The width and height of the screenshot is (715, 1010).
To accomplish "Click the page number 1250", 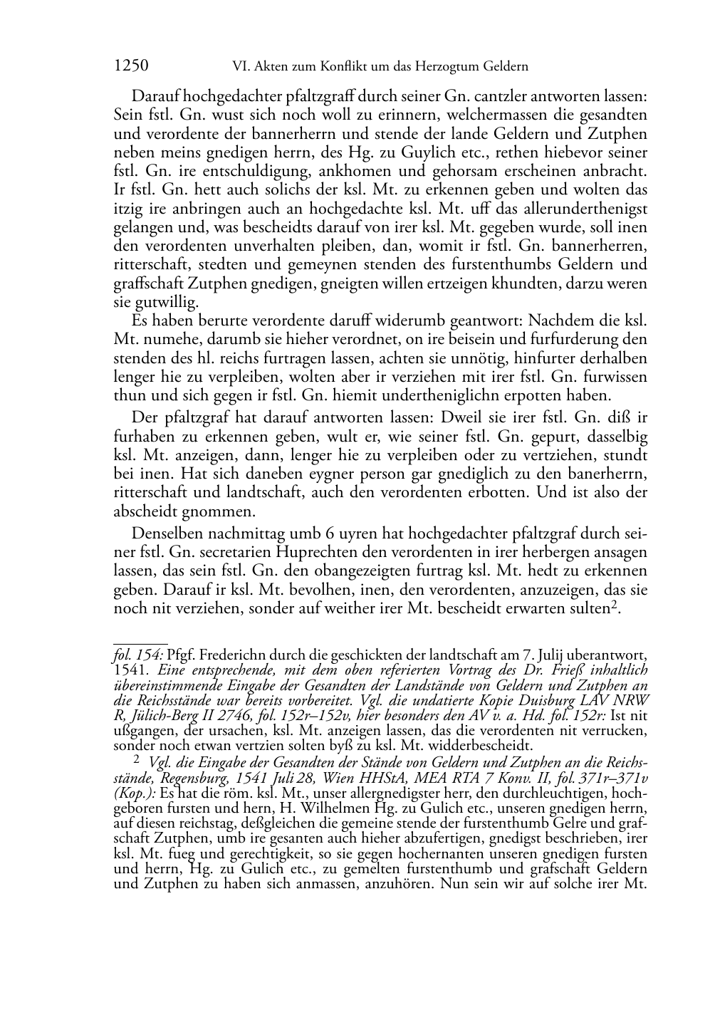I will tap(131, 66).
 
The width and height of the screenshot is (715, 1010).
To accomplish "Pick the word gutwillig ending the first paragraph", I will tap(156, 303).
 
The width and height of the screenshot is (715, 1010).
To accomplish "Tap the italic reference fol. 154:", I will tap(139, 654).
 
